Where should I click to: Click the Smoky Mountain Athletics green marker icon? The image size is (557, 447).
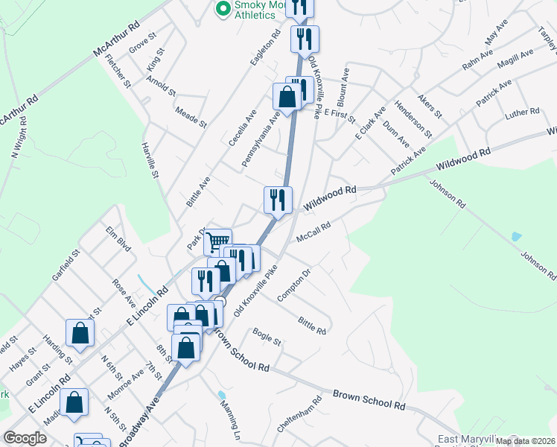[222, 9]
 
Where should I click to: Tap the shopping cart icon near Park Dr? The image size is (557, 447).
[217, 241]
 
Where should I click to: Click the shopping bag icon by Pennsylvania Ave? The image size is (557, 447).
[287, 97]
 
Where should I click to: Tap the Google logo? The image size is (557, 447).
[25, 438]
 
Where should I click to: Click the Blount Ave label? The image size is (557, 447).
[343, 88]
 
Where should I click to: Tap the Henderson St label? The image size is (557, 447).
[413, 119]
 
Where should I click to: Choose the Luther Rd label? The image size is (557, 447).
[523, 112]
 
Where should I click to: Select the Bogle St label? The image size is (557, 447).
[267, 337]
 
